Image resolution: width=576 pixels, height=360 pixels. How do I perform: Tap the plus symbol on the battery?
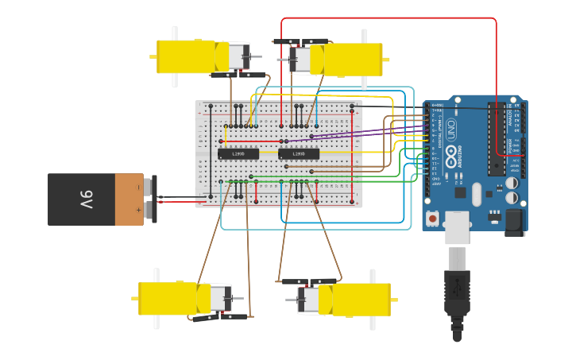[137, 210]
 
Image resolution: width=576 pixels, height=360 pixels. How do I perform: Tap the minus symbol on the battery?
[137, 188]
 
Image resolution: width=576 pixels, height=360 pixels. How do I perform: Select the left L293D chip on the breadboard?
[238, 153]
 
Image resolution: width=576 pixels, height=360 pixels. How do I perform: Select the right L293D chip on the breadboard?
[299, 153]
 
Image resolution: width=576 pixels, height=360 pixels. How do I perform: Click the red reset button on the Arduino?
[432, 218]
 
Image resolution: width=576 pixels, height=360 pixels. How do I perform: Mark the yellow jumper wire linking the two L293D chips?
[269, 151]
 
